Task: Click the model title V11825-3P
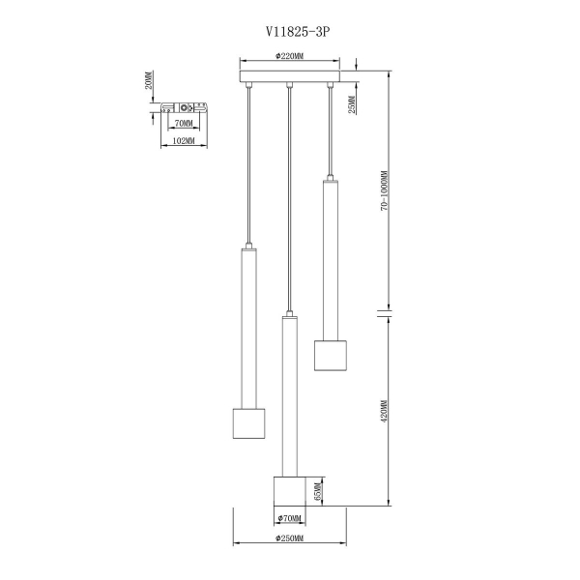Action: tap(298, 32)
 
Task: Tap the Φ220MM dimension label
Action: tap(290, 56)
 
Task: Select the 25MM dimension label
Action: tap(352, 104)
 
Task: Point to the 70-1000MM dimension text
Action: tap(385, 190)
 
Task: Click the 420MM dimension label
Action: tap(384, 412)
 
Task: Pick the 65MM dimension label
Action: tap(318, 492)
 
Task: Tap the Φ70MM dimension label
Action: tap(290, 518)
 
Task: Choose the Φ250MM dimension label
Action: tap(290, 538)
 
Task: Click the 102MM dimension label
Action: tap(184, 141)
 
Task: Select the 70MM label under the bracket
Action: tap(184, 123)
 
